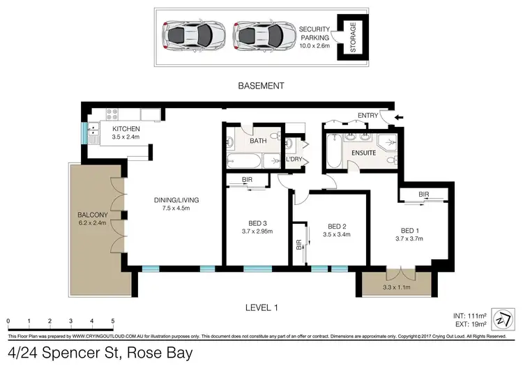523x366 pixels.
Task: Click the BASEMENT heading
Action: (261, 86)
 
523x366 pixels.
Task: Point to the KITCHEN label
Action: (126, 129)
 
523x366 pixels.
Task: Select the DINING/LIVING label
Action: (176, 202)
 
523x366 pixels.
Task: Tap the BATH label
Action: (258, 141)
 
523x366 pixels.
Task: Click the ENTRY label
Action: (367, 116)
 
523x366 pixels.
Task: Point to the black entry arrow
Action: (397, 117)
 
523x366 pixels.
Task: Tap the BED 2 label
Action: (338, 226)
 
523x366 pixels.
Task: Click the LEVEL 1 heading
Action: (261, 306)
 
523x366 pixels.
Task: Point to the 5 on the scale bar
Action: (113, 321)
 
